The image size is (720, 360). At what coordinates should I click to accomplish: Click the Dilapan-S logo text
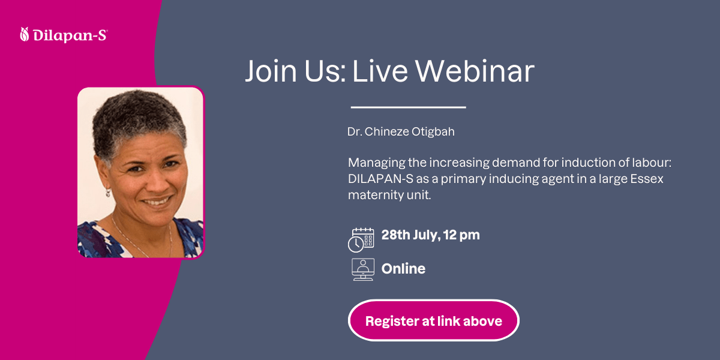point(70,35)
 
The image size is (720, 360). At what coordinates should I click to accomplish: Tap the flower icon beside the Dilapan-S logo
point(25,34)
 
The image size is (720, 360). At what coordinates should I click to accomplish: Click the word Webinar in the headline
point(475,71)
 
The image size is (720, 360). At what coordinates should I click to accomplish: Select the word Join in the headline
point(271,71)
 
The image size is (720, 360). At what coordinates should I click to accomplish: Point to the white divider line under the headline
point(408,107)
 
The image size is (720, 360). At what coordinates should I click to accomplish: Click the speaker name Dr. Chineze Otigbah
point(401,132)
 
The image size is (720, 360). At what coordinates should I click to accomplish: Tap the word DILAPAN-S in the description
point(380,179)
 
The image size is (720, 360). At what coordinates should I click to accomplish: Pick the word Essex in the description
point(646,179)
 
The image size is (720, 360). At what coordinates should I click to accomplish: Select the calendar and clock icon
point(361,240)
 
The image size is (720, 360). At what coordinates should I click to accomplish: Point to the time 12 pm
point(461,236)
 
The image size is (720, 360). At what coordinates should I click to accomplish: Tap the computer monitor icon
point(363,269)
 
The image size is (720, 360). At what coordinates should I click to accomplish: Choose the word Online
point(403,269)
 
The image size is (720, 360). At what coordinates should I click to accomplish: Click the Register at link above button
point(434,320)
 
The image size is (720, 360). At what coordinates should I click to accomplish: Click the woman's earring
point(108,193)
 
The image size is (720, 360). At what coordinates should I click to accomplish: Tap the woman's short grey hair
point(138,119)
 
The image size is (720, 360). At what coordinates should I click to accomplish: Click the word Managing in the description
point(377,163)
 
